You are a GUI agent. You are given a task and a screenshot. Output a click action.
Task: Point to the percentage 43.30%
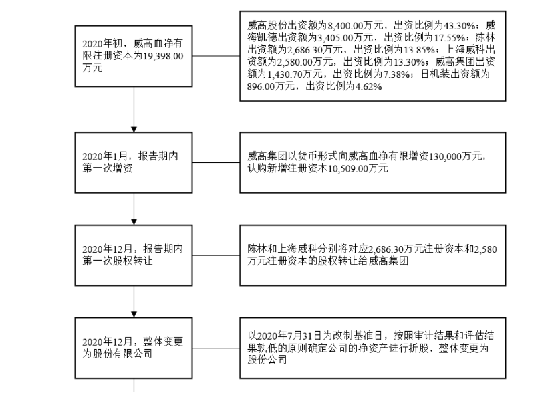(x=454, y=25)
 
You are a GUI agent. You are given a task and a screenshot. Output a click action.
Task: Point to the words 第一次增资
(x=108, y=168)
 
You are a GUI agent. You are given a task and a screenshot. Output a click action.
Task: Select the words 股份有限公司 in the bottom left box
(x=125, y=354)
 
